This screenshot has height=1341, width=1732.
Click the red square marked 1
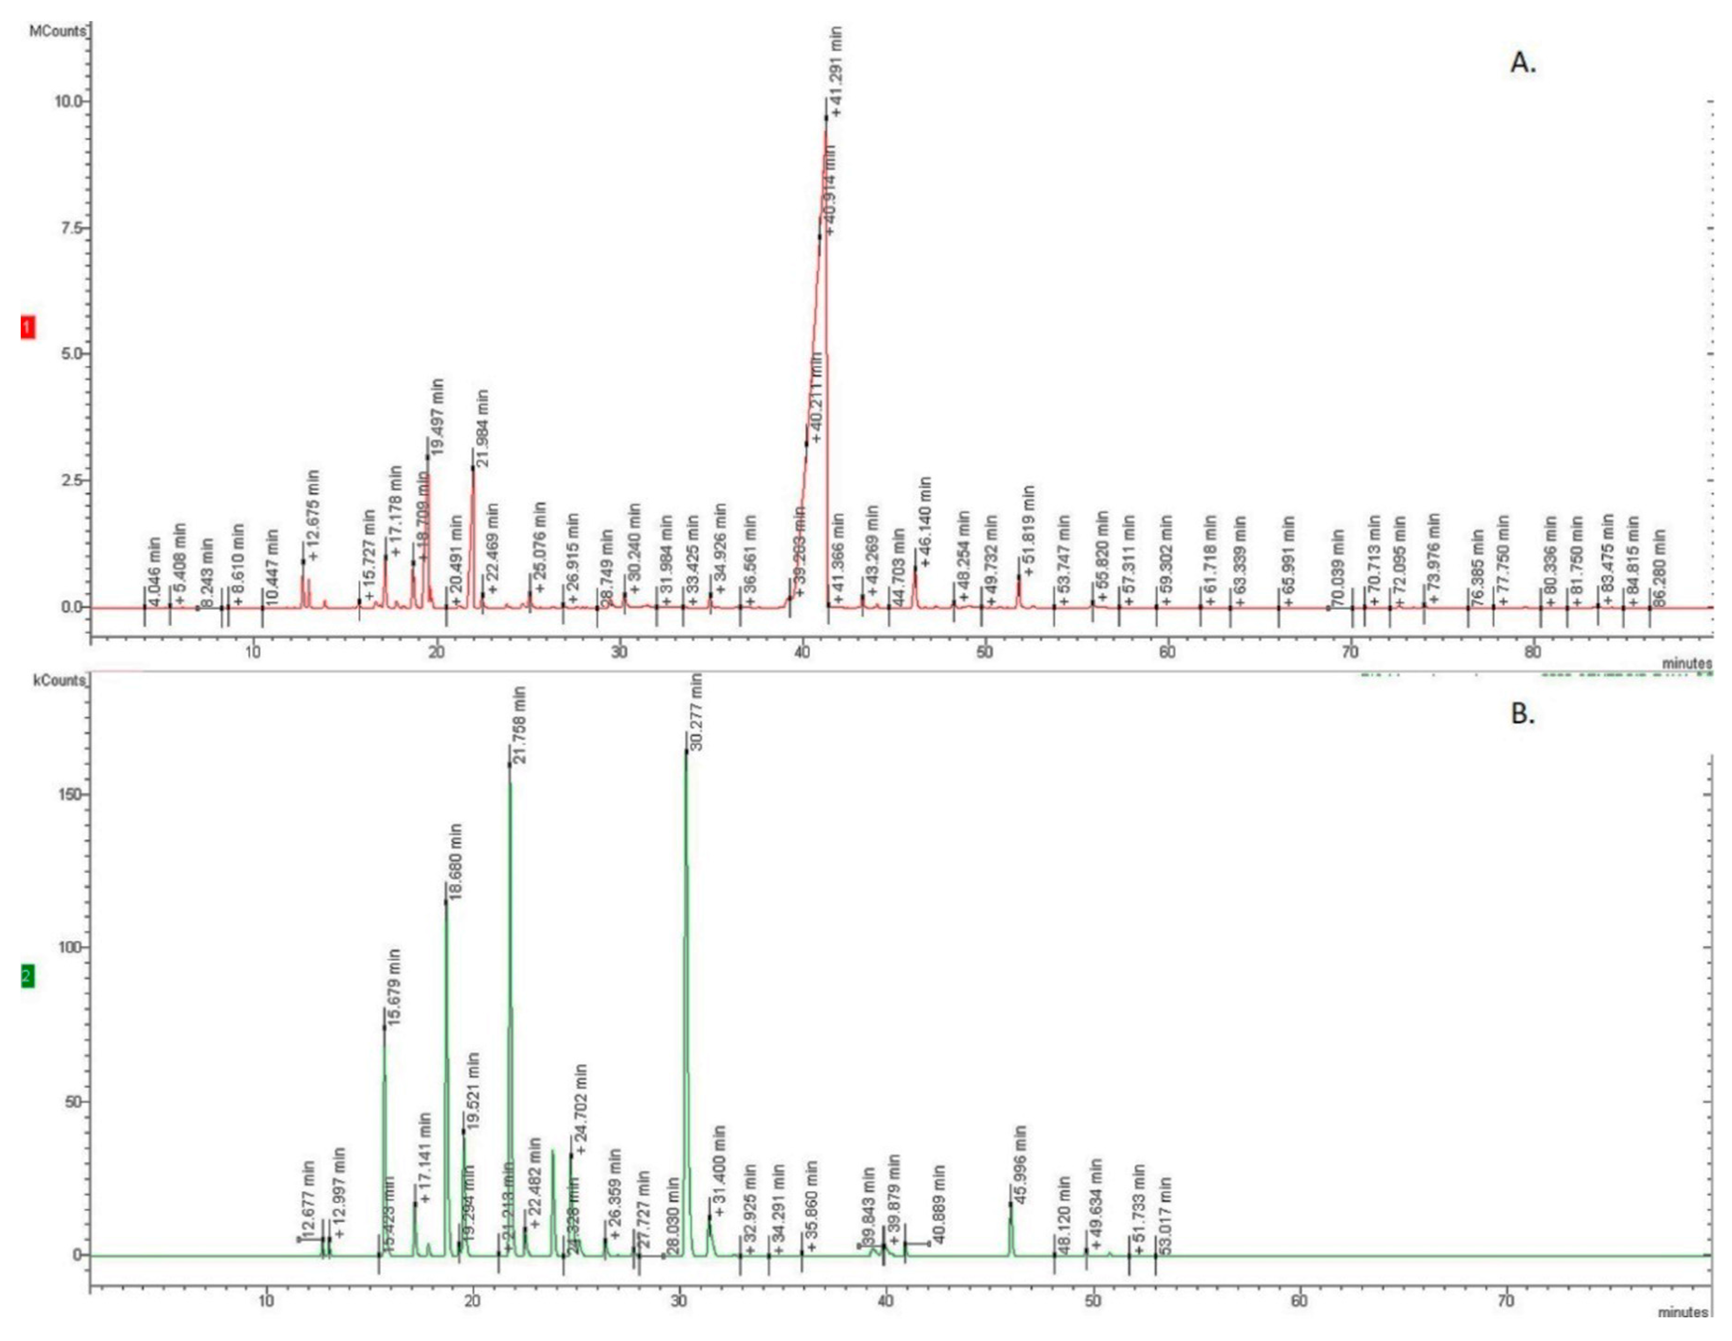coord(28,328)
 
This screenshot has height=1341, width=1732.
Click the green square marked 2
coord(28,976)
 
